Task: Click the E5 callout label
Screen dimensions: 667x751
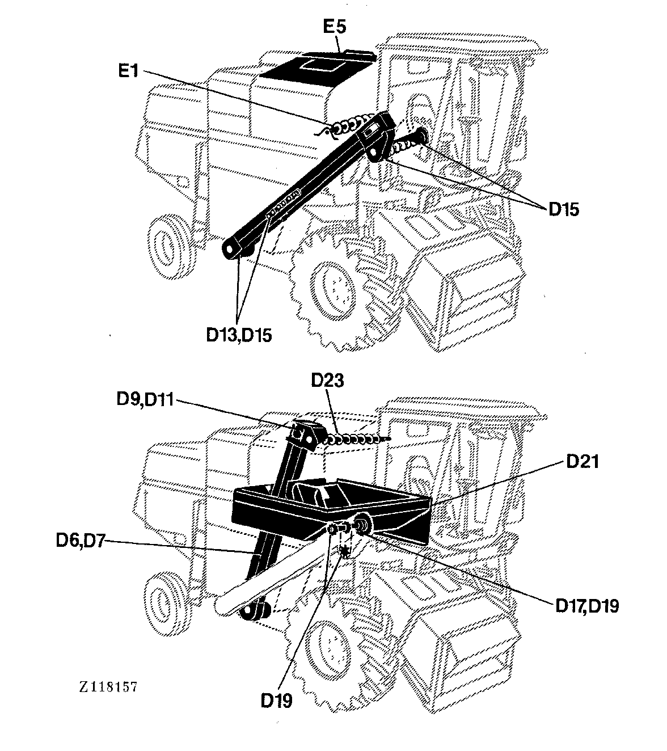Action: point(335,27)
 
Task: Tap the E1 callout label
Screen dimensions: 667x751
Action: point(128,70)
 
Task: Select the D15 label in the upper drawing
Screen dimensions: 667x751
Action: point(564,209)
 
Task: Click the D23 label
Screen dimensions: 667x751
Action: point(327,380)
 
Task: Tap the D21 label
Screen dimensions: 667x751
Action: point(582,462)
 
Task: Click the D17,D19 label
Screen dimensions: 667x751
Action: point(587,606)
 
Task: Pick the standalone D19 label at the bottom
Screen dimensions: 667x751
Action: point(277,700)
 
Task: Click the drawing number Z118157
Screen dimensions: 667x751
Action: point(108,687)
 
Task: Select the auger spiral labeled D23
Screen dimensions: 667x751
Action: point(356,440)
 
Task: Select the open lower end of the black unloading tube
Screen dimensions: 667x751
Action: point(231,249)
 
